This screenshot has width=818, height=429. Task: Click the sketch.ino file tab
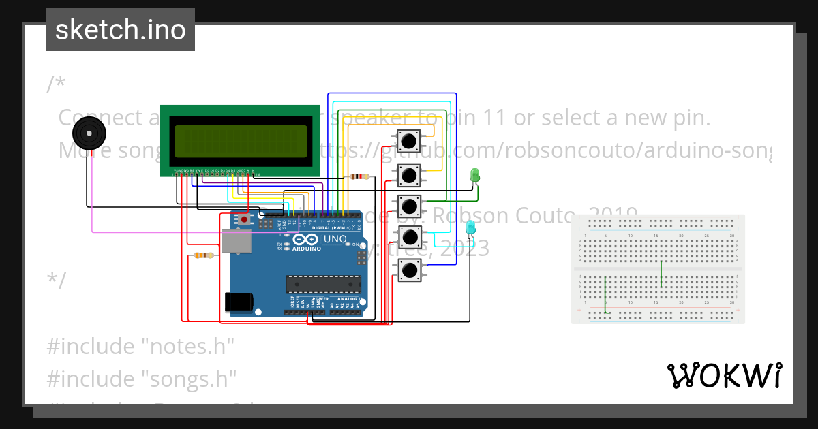coord(121,30)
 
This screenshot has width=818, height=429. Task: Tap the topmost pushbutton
coord(408,141)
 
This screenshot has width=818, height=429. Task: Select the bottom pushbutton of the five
coord(409,270)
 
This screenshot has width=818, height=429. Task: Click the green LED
coord(475,176)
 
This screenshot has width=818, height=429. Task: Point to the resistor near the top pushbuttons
coord(359,176)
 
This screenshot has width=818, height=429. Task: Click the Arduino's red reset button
coord(244,219)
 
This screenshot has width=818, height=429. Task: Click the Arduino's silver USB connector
coord(236,241)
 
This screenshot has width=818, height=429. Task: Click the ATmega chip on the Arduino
coord(323,284)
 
